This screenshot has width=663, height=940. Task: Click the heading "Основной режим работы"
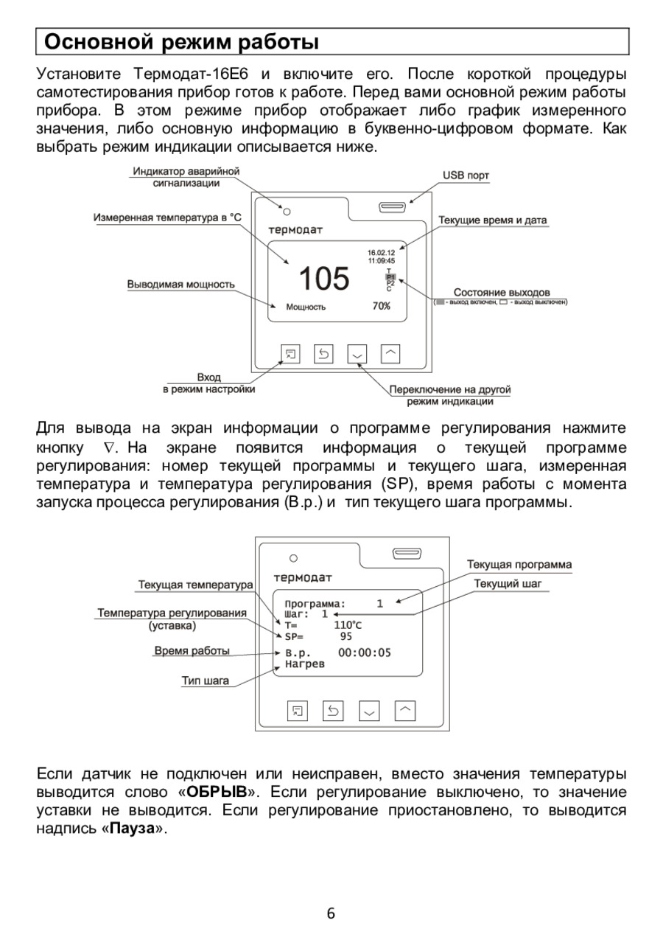(x=182, y=41)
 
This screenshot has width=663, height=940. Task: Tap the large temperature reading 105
(x=324, y=279)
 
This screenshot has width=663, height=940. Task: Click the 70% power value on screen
(x=381, y=306)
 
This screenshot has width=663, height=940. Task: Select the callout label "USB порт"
(x=466, y=175)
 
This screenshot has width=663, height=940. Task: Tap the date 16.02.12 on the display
(x=381, y=253)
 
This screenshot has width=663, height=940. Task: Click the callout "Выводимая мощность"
(x=181, y=284)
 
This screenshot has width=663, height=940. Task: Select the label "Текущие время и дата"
(x=493, y=220)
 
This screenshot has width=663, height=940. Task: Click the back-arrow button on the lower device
(x=333, y=711)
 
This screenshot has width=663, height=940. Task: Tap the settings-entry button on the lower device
(x=297, y=711)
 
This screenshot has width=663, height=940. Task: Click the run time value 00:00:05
(x=365, y=652)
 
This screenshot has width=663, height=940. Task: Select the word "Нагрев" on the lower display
(x=304, y=664)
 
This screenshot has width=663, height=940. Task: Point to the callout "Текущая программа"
(x=519, y=565)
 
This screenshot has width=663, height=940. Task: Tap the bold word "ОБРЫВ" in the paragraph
(x=217, y=793)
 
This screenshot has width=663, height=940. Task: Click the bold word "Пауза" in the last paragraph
(x=133, y=828)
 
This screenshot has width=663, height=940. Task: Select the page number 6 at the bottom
(x=331, y=914)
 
